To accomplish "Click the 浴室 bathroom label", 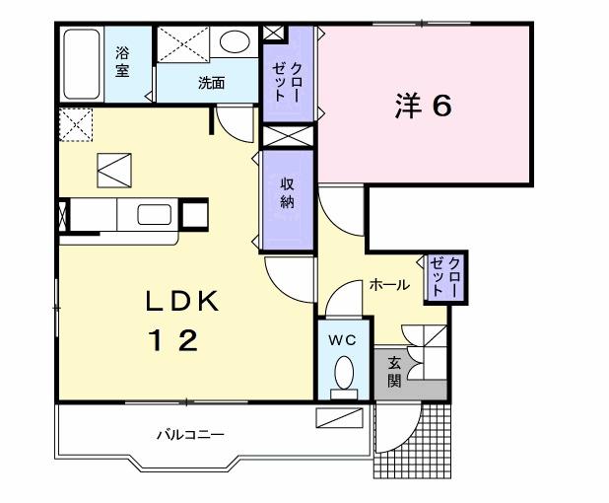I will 122,62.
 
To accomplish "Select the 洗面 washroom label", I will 211,84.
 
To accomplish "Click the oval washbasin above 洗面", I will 236,42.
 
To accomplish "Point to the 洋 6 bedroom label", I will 424,107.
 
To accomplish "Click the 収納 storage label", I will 288,194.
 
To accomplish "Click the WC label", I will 342,339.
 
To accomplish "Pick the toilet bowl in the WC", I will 345,374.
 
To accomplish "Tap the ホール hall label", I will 389,285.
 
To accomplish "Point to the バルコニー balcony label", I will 190,434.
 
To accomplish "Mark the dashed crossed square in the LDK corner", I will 73,125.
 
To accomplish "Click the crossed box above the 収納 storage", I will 289,136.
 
